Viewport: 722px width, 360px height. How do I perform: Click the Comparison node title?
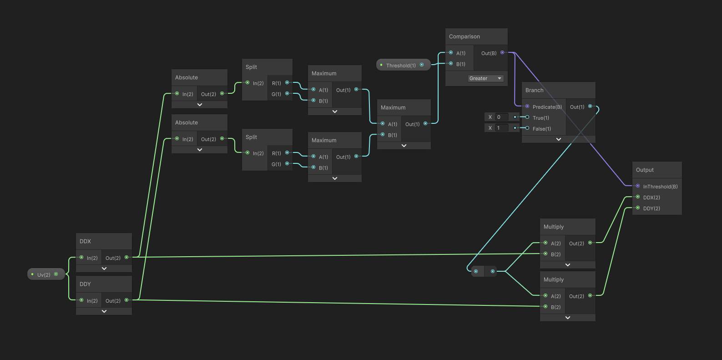click(x=464, y=36)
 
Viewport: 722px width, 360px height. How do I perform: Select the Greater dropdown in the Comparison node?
click(x=485, y=78)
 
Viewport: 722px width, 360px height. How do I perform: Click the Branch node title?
click(x=534, y=90)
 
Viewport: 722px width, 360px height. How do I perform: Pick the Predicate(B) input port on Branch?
click(x=527, y=106)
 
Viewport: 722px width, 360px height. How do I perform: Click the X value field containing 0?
click(x=502, y=117)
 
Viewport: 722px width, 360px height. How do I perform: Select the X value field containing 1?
click(x=502, y=128)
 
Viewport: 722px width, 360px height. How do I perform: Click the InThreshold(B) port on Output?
click(x=638, y=186)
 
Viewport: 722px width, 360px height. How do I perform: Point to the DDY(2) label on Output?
click(x=651, y=208)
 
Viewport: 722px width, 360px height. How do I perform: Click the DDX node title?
click(x=85, y=241)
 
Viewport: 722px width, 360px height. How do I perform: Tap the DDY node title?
click(x=85, y=284)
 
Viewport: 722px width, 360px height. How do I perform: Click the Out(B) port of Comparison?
click(x=502, y=53)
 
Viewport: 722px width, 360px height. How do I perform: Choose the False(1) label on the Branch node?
click(x=541, y=129)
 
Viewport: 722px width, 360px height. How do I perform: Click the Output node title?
click(x=645, y=170)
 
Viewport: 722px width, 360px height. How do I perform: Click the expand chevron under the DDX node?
click(x=104, y=269)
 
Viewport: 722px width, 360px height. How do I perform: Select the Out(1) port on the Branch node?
click(x=590, y=106)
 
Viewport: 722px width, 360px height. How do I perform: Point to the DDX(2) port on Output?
click(x=638, y=197)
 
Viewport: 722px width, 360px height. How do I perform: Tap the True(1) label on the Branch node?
click(x=540, y=118)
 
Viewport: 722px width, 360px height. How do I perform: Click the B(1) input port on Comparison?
click(x=451, y=64)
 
